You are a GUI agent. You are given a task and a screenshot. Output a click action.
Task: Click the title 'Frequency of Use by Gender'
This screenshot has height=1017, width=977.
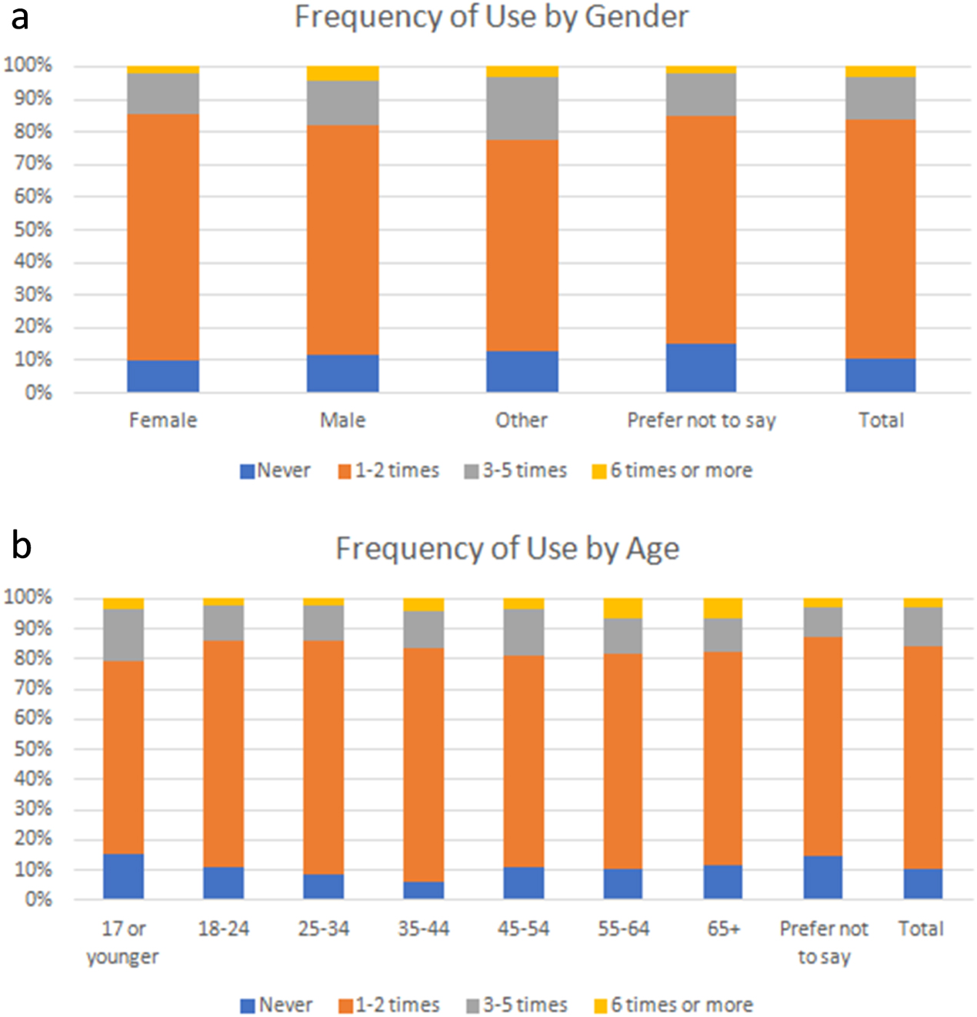pos(492,17)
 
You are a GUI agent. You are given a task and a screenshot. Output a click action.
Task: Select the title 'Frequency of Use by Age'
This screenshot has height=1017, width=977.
pos(507,549)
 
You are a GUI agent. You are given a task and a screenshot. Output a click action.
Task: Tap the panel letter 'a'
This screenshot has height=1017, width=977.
pos(20,17)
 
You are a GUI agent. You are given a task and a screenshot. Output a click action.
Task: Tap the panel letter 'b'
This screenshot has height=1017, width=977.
pos(22,545)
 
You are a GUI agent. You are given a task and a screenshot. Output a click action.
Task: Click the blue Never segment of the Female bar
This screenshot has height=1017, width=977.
pos(163,376)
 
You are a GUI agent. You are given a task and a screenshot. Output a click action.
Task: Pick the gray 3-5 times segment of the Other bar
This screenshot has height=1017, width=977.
pos(522,108)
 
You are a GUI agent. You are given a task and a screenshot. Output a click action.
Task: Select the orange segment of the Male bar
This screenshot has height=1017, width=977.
pos(342,239)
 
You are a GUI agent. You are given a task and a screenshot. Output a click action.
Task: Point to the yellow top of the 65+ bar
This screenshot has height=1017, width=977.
pos(723,607)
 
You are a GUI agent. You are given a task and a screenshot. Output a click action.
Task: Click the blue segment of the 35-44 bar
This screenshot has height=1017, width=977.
pos(423,890)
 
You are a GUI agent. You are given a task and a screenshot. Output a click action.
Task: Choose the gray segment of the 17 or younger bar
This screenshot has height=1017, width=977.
pos(123,635)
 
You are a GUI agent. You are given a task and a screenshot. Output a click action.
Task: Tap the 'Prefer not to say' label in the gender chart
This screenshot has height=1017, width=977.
pos(701,420)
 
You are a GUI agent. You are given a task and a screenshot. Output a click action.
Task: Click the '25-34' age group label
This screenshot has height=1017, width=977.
pos(323,929)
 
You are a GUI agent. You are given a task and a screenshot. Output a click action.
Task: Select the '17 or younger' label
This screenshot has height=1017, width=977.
pos(123,942)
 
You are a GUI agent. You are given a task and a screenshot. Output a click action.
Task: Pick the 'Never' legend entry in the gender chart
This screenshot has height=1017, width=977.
pos(275,470)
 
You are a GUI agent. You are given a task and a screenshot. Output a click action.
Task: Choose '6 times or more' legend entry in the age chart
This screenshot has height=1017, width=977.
pos(673,1005)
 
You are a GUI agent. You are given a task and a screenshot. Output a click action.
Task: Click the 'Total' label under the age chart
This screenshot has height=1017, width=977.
pos(921,929)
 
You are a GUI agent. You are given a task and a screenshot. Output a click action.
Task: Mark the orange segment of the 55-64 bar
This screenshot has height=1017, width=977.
pos(623,761)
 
